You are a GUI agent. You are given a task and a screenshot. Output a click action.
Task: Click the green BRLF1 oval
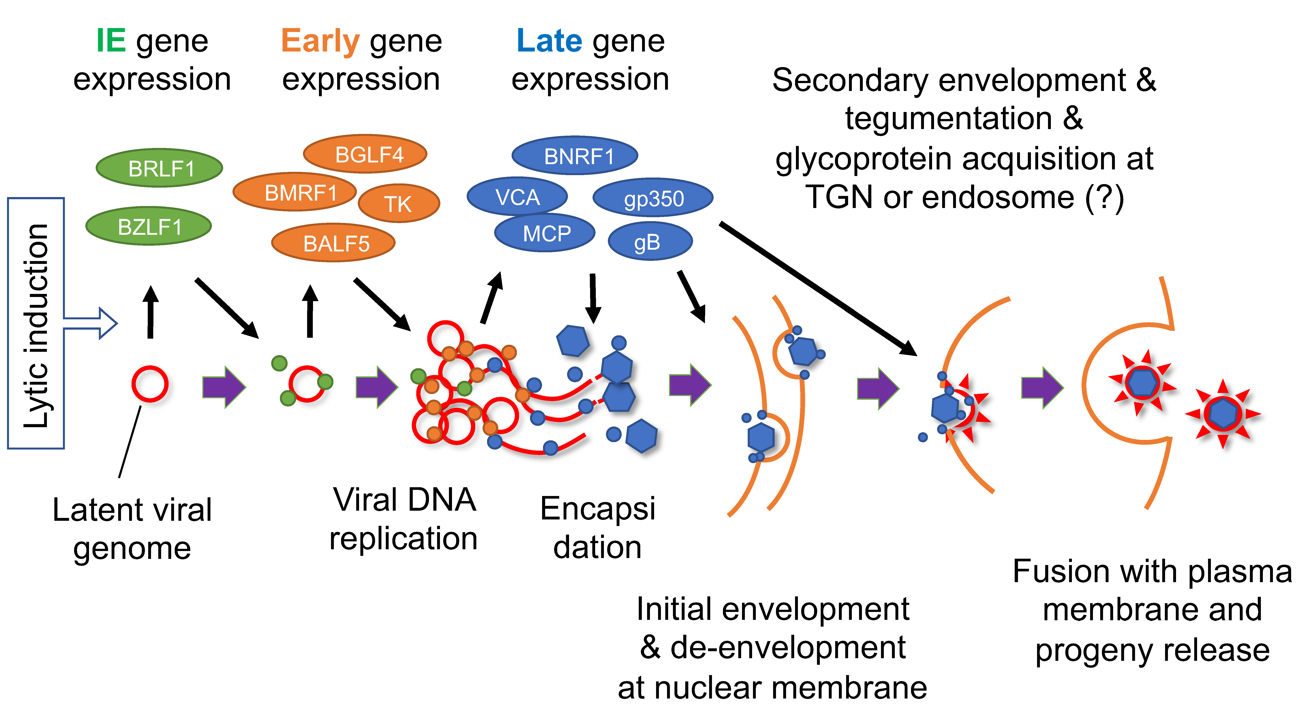coord(159,168)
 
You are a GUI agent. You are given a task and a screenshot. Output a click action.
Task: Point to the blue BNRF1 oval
coord(575,156)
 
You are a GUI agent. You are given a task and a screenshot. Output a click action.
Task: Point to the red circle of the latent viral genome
coord(150,384)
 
